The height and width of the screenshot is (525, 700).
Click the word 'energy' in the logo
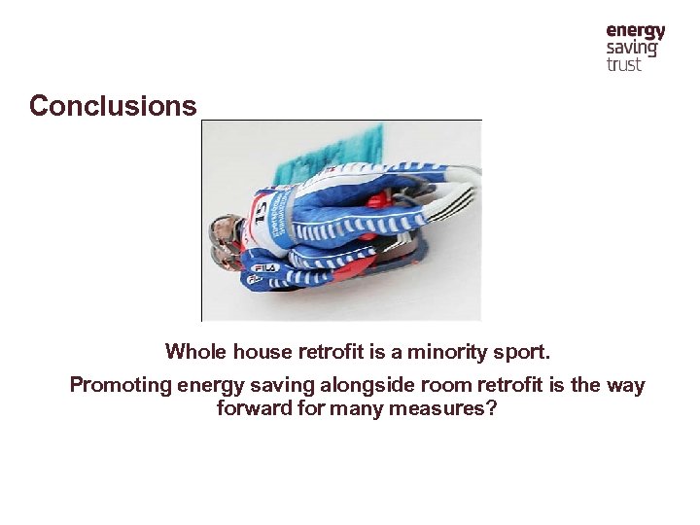click(636, 31)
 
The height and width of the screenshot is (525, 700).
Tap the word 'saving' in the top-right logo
click(632, 49)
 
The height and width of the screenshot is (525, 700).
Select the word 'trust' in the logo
click(624, 65)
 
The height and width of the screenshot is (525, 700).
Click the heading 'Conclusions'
click(113, 105)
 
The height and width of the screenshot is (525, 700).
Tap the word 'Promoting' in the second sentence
click(120, 385)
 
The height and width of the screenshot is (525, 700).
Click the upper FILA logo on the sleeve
click(265, 265)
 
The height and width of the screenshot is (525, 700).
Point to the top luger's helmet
click(226, 231)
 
